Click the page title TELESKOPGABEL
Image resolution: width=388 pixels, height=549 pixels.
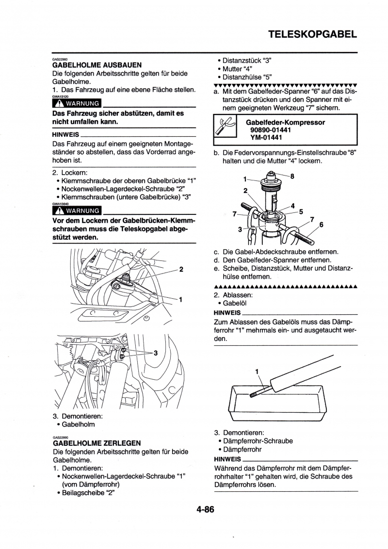(x=312, y=34)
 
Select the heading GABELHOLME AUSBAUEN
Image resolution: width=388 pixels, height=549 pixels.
(x=97, y=65)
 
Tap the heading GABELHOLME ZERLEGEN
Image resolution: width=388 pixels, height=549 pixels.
(x=97, y=443)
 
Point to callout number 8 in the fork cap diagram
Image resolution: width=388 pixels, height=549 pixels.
(x=292, y=177)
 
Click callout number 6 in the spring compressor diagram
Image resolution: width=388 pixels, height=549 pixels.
(x=321, y=225)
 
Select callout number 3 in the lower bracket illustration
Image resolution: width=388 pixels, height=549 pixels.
(x=156, y=353)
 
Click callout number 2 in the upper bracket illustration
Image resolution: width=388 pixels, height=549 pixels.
(x=181, y=269)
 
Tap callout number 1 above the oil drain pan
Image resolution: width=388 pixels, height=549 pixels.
(x=257, y=372)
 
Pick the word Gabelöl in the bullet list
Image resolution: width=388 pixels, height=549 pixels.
(x=235, y=303)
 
